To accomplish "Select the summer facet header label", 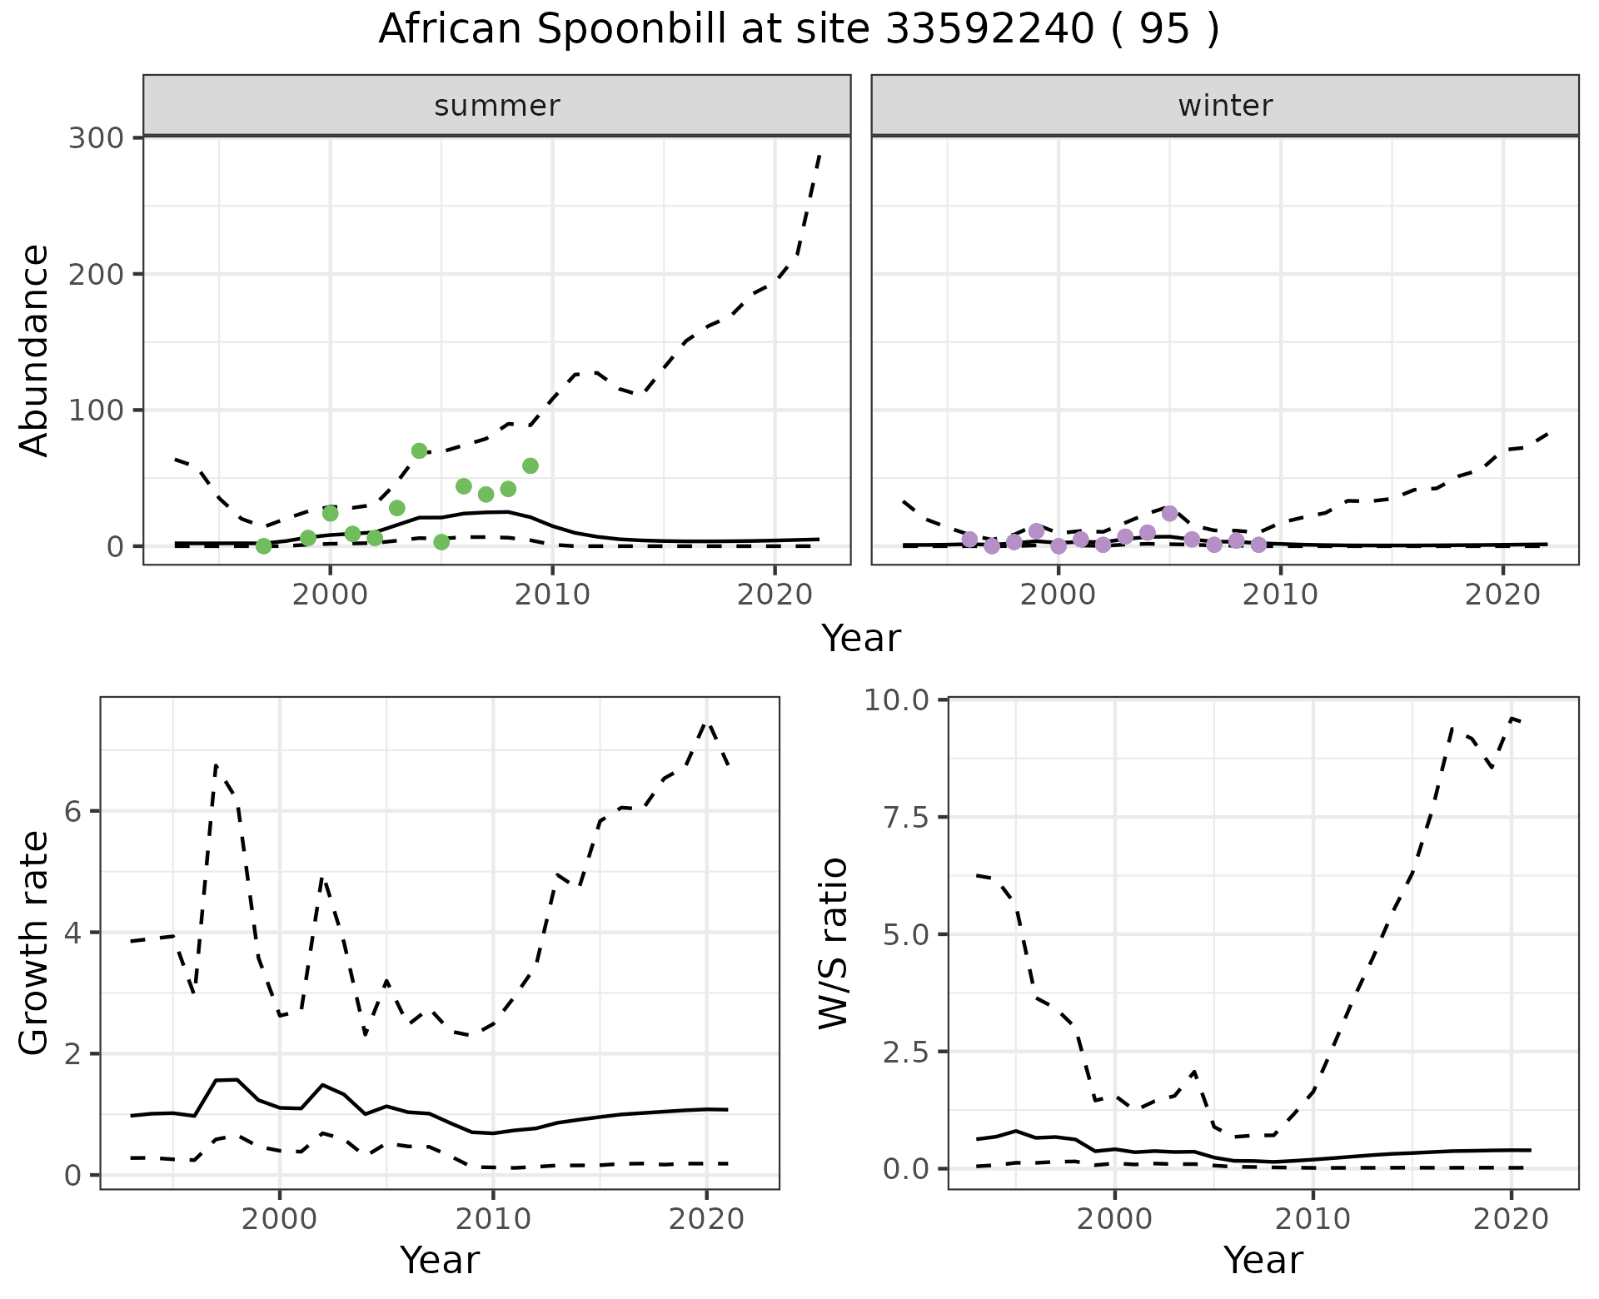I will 497,106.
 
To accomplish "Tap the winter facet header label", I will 1225,106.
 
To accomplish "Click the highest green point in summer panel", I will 420,450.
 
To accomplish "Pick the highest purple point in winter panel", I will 1170,513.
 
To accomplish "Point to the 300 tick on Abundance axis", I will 96,137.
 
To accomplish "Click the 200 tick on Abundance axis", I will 96,274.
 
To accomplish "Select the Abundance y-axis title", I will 35,350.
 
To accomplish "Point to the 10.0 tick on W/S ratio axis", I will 896,700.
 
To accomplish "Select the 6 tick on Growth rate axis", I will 73,812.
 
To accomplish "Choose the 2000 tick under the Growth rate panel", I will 280,1220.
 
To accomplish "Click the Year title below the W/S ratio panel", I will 1263,1260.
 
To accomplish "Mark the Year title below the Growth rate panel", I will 440,1260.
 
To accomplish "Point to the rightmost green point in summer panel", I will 531,465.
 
